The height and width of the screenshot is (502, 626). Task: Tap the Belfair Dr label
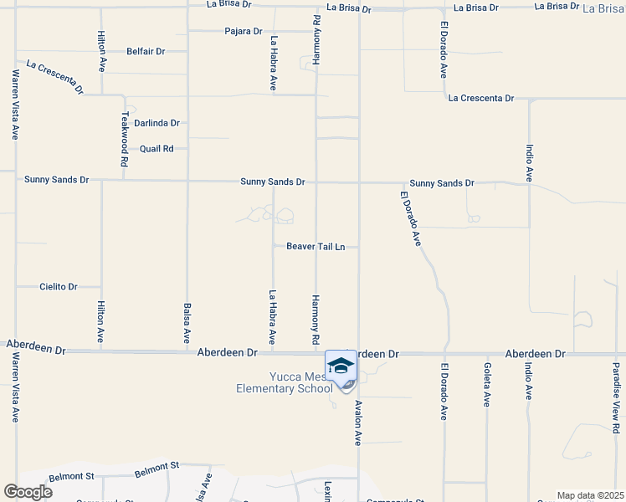tap(146, 51)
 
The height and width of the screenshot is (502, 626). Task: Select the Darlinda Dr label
tap(157, 123)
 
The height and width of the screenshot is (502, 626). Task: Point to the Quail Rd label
tap(156, 149)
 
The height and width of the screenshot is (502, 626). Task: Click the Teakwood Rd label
tap(125, 140)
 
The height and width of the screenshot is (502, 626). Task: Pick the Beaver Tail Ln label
tap(316, 247)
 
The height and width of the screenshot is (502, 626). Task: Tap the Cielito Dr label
tap(59, 286)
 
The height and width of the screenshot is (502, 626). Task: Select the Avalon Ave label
tap(358, 420)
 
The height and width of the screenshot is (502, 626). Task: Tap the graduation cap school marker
tap(341, 366)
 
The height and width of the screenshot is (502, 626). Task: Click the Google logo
tap(28, 492)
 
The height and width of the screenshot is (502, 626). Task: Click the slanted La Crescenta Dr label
tap(54, 76)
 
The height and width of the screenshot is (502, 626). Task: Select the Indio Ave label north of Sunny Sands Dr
tap(529, 164)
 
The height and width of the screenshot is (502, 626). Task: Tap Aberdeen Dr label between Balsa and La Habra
tap(227, 353)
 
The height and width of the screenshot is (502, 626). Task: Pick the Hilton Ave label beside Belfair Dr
tap(101, 51)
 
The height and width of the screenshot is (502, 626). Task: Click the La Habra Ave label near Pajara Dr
tap(274, 63)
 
